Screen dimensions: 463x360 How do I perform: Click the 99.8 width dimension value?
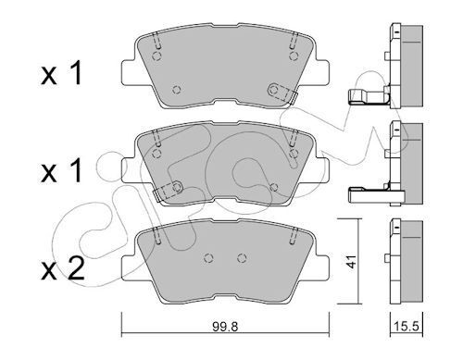coord(225,327)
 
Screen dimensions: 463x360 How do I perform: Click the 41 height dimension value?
coord(351,261)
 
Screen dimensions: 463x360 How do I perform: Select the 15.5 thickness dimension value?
coord(407,326)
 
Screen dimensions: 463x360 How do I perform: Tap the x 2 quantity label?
coord(63,269)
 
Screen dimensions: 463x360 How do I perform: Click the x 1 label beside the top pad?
coord(61,73)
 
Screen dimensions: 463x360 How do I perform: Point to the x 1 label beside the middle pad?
coord(61,170)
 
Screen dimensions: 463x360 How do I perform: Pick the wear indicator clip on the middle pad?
coord(168,192)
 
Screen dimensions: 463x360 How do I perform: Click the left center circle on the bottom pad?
coord(209,257)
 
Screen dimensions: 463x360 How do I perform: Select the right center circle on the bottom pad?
coord(243,257)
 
